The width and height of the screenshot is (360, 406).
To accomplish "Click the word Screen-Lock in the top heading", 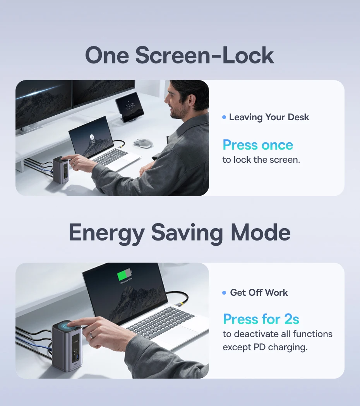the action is [204, 55].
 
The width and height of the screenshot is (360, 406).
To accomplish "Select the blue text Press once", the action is [258, 145].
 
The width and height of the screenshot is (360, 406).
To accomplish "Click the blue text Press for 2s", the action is [261, 319].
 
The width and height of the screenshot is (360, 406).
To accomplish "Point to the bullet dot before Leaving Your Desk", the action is [224, 117].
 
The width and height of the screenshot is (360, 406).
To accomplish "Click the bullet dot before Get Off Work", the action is [224, 293].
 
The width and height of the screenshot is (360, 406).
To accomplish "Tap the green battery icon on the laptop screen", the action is [124, 275].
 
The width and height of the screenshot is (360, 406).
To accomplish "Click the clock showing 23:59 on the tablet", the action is [130, 106].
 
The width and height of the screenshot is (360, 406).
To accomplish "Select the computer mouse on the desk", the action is [143, 143].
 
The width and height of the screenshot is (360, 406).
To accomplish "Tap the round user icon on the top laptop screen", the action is [92, 137].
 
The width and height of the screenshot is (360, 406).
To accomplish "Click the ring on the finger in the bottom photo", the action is [92, 335].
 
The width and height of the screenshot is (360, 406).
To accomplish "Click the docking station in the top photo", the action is [61, 170].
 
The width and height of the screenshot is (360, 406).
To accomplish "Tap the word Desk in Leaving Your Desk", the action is [298, 117].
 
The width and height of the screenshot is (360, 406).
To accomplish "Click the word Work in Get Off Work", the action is [276, 293].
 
